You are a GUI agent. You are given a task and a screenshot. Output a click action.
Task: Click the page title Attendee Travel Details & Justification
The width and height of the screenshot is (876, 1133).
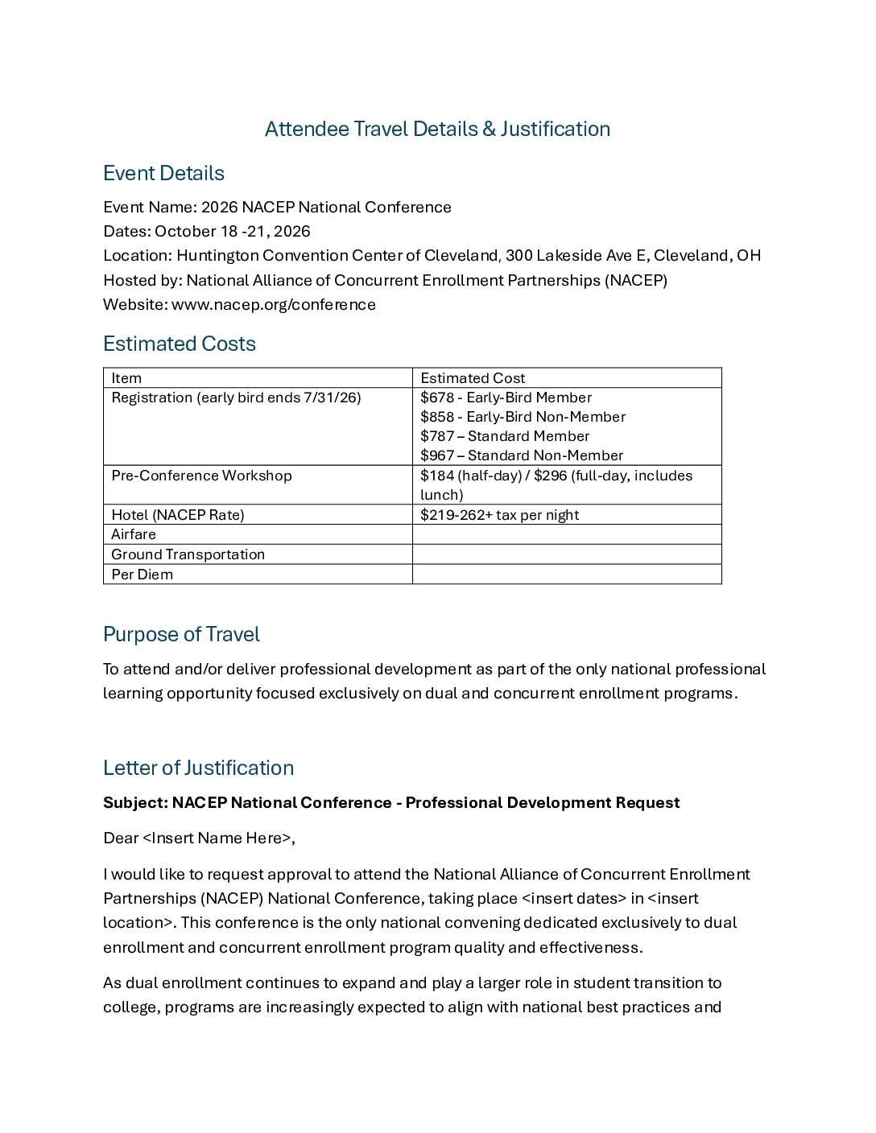[437, 129]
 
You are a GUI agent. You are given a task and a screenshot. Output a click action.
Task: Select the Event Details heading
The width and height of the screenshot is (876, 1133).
[163, 173]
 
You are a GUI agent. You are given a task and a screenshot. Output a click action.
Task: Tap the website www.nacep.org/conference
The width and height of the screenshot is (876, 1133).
[273, 304]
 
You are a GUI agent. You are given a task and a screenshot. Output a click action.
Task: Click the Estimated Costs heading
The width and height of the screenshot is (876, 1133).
[179, 344]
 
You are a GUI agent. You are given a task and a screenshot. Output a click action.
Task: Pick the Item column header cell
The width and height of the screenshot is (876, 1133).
[126, 378]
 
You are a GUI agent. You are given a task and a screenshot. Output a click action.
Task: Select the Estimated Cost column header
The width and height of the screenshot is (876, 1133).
[473, 378]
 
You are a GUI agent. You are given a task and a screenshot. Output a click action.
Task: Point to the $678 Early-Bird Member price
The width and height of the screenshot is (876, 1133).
[506, 398]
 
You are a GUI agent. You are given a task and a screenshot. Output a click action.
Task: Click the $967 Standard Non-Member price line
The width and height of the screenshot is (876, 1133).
[521, 455]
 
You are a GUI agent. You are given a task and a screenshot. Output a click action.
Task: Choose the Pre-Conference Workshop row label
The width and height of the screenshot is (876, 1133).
[201, 476]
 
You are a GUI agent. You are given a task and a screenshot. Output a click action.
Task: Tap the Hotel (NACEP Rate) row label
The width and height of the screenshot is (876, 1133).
[177, 515]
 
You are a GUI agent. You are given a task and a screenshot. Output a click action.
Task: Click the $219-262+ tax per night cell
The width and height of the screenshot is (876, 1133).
[499, 515]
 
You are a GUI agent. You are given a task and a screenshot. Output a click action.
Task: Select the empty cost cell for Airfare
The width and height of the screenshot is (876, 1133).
[566, 534]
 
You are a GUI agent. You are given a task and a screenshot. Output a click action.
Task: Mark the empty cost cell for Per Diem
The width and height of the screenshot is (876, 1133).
[566, 575]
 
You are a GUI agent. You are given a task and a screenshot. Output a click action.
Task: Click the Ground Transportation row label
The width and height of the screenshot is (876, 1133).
[188, 554]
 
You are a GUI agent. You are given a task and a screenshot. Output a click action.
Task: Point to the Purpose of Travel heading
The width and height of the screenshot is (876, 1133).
[181, 634]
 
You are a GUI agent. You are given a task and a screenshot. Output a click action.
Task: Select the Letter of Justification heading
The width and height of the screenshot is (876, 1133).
[198, 768]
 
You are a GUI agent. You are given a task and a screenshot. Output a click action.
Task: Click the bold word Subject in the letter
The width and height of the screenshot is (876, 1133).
[134, 802]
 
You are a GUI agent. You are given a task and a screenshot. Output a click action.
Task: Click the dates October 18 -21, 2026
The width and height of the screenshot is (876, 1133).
[232, 231]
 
